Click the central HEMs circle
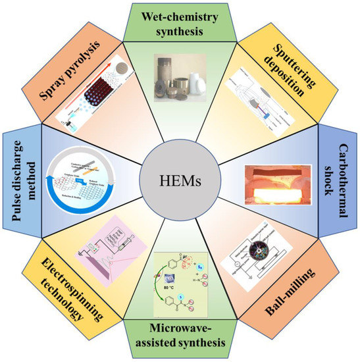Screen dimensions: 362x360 coord(180,180)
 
